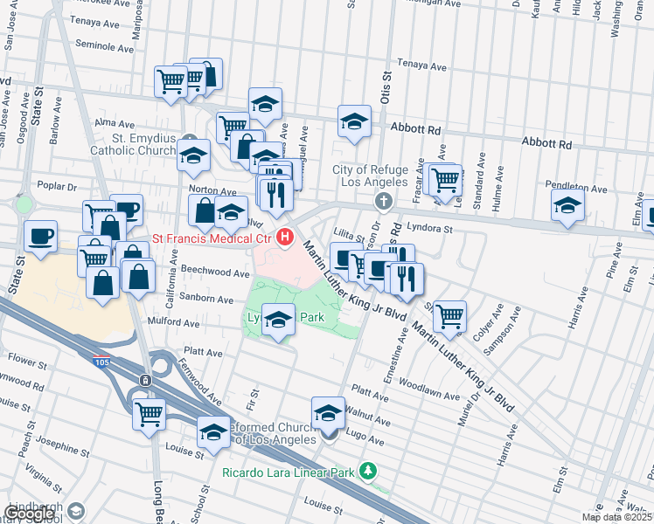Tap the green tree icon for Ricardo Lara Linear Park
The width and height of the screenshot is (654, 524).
(x=368, y=472)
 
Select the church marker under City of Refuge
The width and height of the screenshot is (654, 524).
(x=382, y=202)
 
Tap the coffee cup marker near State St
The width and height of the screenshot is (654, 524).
(x=41, y=236)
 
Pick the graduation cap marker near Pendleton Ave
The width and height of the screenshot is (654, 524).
(x=567, y=206)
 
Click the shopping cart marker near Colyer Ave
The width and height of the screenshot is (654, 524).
(x=449, y=317)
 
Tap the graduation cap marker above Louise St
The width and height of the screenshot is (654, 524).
(x=213, y=431)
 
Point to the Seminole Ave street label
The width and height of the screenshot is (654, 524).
(x=104, y=44)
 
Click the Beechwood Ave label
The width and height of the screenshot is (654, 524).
(x=217, y=272)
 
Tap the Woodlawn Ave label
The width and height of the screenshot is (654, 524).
(x=432, y=396)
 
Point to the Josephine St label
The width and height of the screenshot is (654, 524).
(x=59, y=447)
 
